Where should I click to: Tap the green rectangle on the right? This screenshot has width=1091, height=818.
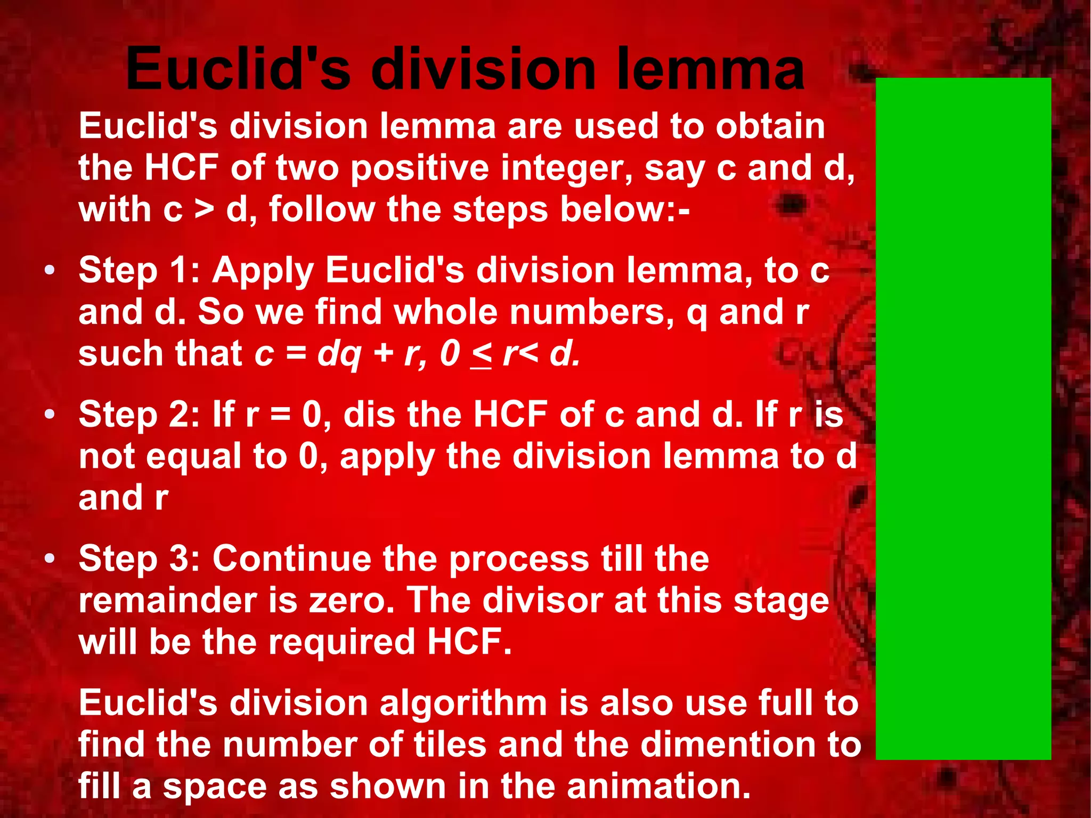click(963, 418)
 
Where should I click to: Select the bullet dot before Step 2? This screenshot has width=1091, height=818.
click(50, 414)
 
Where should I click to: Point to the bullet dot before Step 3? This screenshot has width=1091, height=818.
click(50, 558)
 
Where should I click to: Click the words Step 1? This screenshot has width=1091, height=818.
click(139, 270)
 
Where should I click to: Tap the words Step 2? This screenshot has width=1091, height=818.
click(139, 414)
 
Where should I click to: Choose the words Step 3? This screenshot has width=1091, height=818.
click(139, 558)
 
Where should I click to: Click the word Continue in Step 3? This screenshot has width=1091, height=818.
click(292, 558)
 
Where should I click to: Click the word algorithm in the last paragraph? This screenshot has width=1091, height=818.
click(463, 703)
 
